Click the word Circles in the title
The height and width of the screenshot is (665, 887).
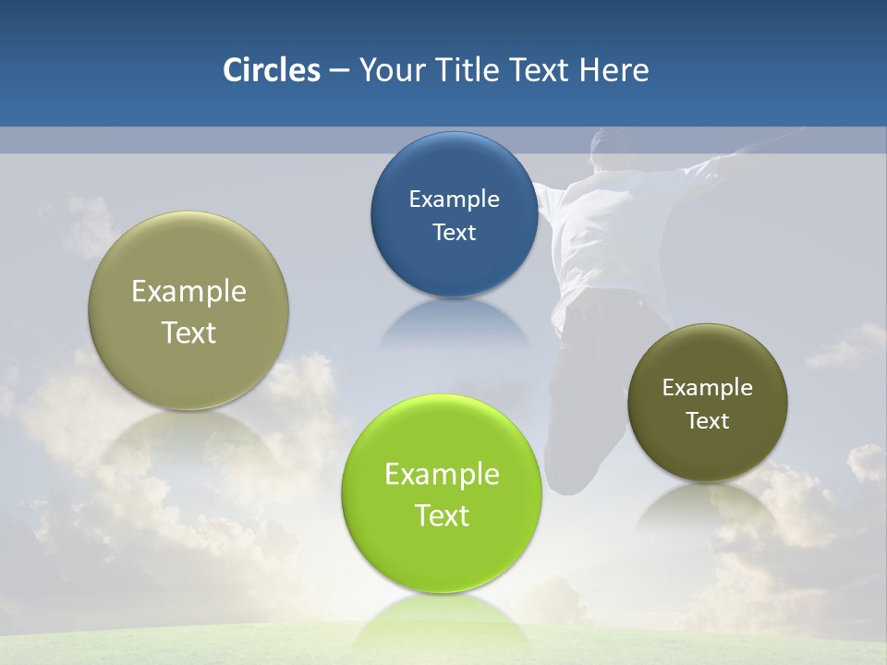271,69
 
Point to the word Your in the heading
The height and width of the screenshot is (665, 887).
391,69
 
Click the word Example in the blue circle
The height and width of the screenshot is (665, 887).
454,199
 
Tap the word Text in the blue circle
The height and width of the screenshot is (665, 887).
454,232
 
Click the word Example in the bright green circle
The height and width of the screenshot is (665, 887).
442,474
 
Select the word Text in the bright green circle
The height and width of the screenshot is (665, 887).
442,515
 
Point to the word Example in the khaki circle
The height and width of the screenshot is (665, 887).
188,291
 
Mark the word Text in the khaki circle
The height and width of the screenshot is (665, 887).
188,332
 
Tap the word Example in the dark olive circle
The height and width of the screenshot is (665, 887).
708,387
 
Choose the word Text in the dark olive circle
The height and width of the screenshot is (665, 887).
708,420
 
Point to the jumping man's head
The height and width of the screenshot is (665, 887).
615,148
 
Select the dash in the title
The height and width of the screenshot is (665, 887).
339,71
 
